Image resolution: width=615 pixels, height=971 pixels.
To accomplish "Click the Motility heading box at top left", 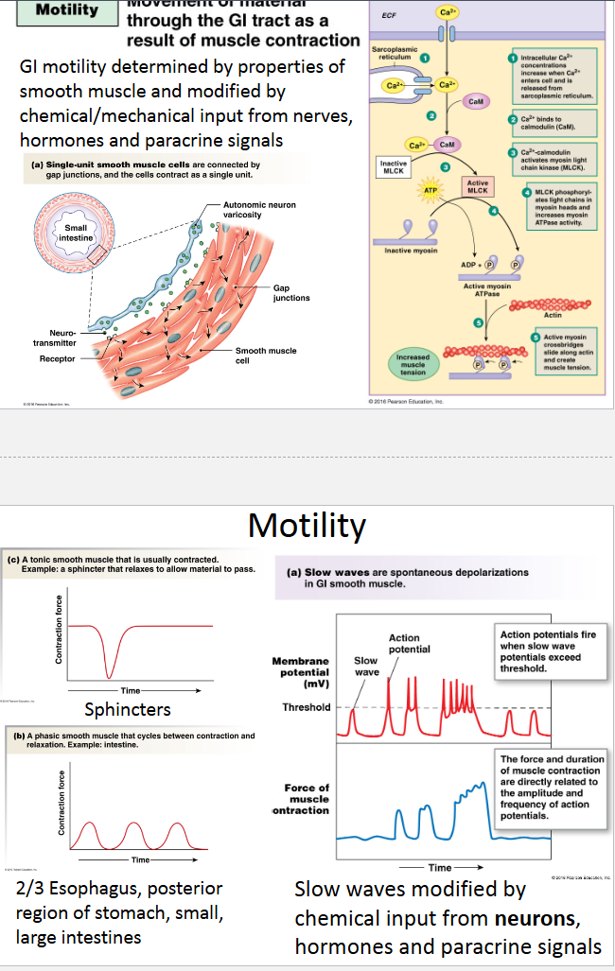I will [x=66, y=11].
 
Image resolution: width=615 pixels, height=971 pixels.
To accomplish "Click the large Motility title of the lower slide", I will [x=307, y=525].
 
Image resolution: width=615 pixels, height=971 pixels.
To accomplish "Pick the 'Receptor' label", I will [x=57, y=358].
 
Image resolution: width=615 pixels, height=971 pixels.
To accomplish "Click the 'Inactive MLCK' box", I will [x=393, y=167].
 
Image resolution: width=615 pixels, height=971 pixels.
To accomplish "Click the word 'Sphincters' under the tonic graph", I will [x=128, y=708].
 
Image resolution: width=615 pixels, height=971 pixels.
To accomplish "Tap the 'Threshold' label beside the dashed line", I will [x=306, y=707].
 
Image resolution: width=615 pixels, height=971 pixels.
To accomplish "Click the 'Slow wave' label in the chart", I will [x=366, y=666].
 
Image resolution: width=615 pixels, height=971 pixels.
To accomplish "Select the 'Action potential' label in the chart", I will [x=409, y=644].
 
